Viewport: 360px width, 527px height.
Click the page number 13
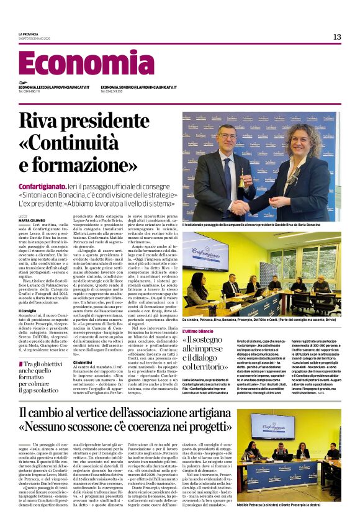click(x=337, y=37)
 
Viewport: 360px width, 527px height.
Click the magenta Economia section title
click(x=78, y=64)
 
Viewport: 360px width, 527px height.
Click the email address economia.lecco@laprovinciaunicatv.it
click(x=54, y=88)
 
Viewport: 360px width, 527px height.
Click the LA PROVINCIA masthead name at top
click(x=29, y=34)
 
